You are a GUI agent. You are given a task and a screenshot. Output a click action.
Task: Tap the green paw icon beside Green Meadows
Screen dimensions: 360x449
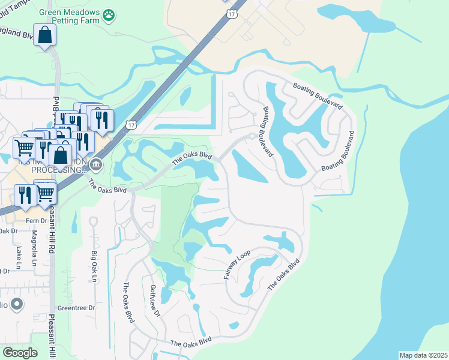(x=109, y=13)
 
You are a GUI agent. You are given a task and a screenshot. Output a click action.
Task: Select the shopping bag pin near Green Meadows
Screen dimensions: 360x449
(x=45, y=36)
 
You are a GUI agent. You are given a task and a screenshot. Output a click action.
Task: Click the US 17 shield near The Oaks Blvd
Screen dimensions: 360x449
(x=131, y=124)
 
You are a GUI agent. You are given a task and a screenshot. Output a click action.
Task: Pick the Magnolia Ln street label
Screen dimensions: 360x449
(x=34, y=250)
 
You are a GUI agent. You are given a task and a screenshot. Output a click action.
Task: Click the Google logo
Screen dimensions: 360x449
(x=20, y=353)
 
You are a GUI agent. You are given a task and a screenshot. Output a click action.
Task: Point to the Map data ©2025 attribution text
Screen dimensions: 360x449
(x=423, y=355)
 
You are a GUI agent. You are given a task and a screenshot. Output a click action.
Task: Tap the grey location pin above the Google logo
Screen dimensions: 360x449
(x=17, y=304)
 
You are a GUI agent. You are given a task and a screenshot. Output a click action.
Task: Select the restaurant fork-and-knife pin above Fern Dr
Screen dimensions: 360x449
(x=26, y=196)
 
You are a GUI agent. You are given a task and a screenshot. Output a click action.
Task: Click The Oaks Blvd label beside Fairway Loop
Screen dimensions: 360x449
(x=283, y=276)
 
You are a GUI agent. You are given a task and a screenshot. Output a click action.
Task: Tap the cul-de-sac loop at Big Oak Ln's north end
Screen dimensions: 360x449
(x=93, y=221)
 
